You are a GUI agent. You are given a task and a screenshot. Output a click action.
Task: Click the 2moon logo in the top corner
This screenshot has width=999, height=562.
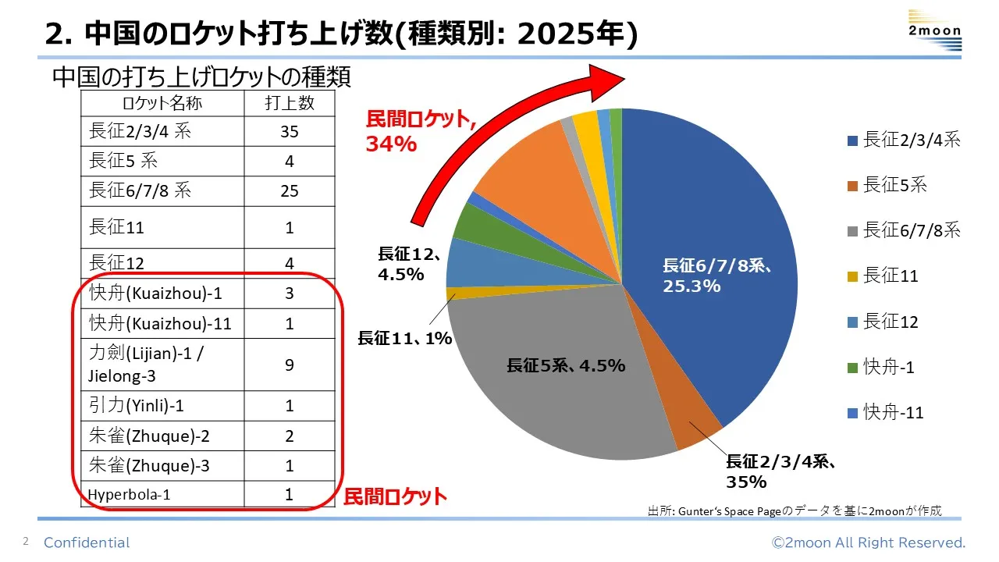tap(934, 31)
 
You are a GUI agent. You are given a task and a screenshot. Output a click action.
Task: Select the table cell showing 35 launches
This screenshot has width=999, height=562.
tap(289, 131)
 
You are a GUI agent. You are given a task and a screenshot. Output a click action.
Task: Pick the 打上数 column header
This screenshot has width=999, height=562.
tap(289, 103)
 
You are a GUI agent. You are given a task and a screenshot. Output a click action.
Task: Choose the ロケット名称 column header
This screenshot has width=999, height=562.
tap(162, 103)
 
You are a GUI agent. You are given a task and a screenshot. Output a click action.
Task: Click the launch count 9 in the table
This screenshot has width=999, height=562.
tap(289, 365)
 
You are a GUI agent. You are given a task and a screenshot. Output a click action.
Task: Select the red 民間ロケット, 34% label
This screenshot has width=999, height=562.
tap(421, 130)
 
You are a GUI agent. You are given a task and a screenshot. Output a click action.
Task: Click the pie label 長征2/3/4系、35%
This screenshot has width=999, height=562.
tap(780, 471)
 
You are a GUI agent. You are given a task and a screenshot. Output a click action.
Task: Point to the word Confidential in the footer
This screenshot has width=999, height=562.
tap(87, 542)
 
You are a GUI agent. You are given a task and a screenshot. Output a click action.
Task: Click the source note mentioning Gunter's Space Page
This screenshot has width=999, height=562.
tap(795, 510)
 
